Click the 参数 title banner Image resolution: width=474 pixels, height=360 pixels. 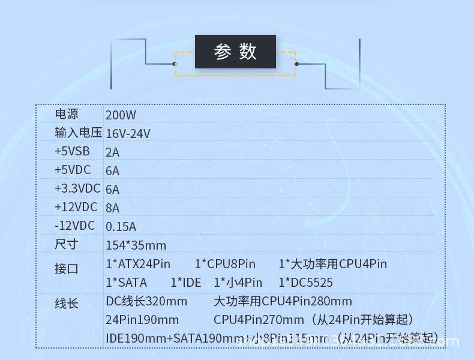tap(235, 52)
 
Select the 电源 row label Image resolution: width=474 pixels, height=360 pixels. tap(67, 114)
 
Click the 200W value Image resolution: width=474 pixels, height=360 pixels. tap(121, 115)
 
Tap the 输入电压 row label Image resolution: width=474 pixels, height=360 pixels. tap(78, 133)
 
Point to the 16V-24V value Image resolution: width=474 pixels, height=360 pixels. tap(128, 134)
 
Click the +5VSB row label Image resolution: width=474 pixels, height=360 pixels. tap(72, 151)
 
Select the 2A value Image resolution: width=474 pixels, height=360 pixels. tap(112, 152)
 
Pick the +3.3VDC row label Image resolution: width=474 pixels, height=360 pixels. tap(77, 188)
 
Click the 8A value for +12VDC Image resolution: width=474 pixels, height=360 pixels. tap(112, 208)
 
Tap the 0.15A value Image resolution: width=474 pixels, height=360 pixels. tap(121, 227)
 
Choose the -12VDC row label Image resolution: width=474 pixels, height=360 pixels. tap(74, 226)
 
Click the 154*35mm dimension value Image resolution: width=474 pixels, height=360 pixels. tap(136, 245)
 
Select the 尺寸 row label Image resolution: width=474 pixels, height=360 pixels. tap(67, 244)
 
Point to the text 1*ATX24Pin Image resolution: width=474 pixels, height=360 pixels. tap(138, 264)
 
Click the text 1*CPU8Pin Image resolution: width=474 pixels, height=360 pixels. tap(225, 264)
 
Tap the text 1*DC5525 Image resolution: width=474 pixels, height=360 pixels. tap(305, 283)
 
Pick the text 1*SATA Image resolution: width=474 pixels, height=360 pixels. tap(126, 283)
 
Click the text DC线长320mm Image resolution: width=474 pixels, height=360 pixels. tap(146, 301)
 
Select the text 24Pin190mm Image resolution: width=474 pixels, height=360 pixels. tap(142, 320)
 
